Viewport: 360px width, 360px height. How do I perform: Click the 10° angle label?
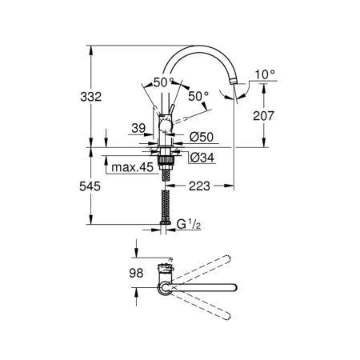265,74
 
